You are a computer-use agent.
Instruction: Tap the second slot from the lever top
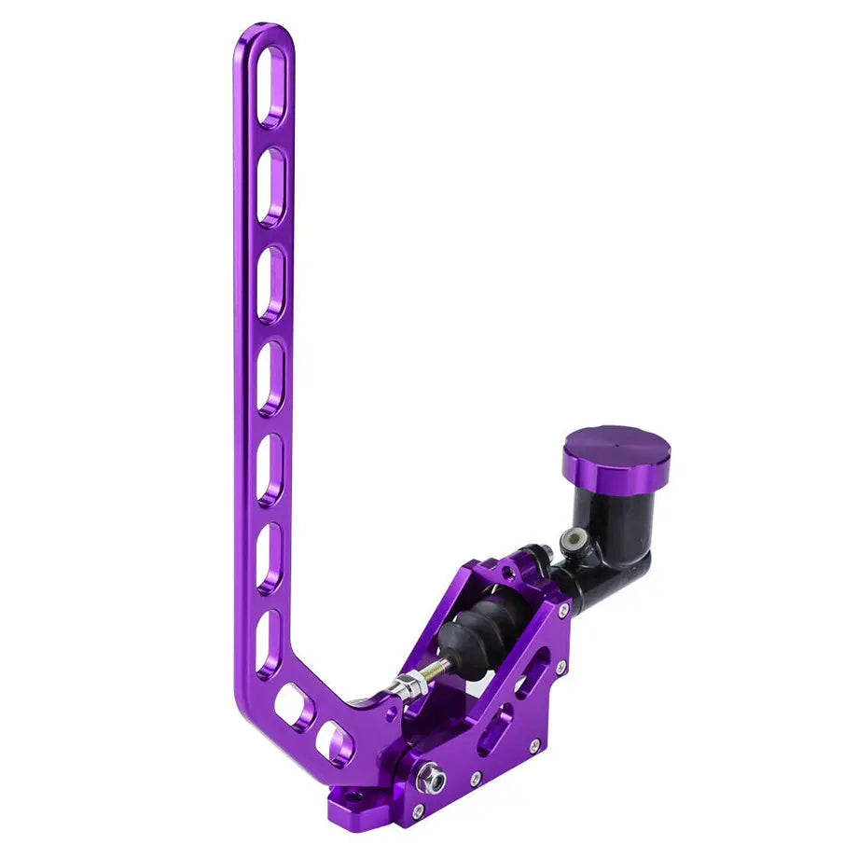[x=271, y=187]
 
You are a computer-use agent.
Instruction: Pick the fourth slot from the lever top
[x=271, y=378]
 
